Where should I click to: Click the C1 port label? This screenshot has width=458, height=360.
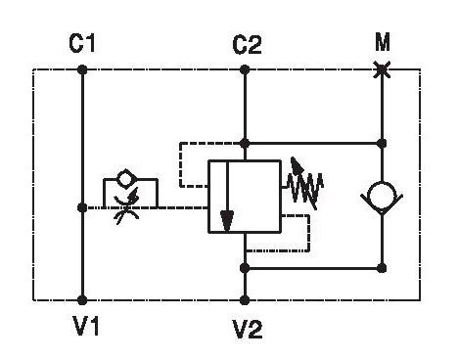click(x=82, y=43)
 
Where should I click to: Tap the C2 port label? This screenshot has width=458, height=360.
click(x=247, y=45)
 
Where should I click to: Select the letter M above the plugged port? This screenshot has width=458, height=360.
click(x=383, y=42)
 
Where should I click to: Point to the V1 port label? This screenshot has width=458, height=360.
click(x=86, y=326)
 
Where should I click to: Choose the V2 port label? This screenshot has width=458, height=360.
click(x=248, y=329)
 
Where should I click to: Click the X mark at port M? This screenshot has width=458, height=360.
click(x=382, y=69)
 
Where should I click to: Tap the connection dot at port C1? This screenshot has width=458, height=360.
click(x=82, y=69)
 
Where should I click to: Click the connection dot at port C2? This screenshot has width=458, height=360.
click(x=245, y=69)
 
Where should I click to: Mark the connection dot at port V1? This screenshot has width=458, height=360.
click(x=82, y=300)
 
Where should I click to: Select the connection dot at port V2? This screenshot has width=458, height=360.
click(x=245, y=300)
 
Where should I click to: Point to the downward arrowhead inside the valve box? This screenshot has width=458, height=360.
click(x=227, y=221)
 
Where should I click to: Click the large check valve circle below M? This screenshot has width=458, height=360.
click(x=382, y=195)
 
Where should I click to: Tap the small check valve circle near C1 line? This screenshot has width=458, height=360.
click(x=126, y=179)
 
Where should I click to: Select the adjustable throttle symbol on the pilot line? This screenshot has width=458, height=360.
click(x=126, y=206)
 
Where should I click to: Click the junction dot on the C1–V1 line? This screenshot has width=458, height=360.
click(x=82, y=207)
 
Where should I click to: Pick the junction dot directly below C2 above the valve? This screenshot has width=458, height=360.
click(x=245, y=143)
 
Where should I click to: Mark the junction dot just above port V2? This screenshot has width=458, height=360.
click(x=245, y=268)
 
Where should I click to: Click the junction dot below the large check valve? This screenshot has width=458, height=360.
click(x=382, y=268)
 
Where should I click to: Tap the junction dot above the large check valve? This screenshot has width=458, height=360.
click(x=382, y=143)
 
